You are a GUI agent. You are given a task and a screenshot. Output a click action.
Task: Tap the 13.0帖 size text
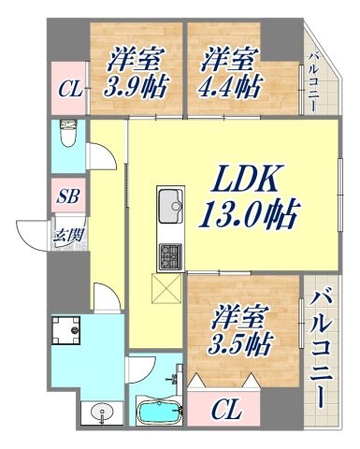pos(247,216)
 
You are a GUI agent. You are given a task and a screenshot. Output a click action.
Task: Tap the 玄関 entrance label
pos(65,234)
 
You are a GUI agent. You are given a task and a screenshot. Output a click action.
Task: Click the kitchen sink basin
pos(171,203)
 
